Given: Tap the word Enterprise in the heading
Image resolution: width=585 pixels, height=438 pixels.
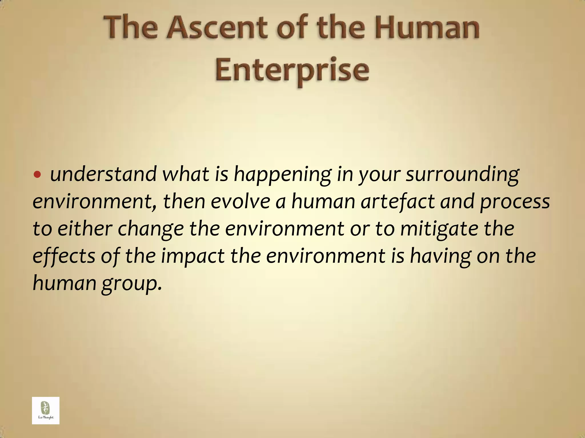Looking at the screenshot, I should pos(292,70).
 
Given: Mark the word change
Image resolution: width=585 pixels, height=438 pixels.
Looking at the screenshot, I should pos(151,229).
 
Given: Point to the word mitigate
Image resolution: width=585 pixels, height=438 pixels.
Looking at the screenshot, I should pos(439,229).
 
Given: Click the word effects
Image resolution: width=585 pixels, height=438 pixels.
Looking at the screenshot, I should pos(64,256).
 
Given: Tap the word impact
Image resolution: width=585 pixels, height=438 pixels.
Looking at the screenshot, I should pos(193,256).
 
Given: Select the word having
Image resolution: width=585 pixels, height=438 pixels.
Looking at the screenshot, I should pos(440,256).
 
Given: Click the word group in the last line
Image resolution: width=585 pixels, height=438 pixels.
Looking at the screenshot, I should pos(132,283).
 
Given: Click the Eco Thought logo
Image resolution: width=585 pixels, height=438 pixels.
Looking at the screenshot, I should pos(46,410).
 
